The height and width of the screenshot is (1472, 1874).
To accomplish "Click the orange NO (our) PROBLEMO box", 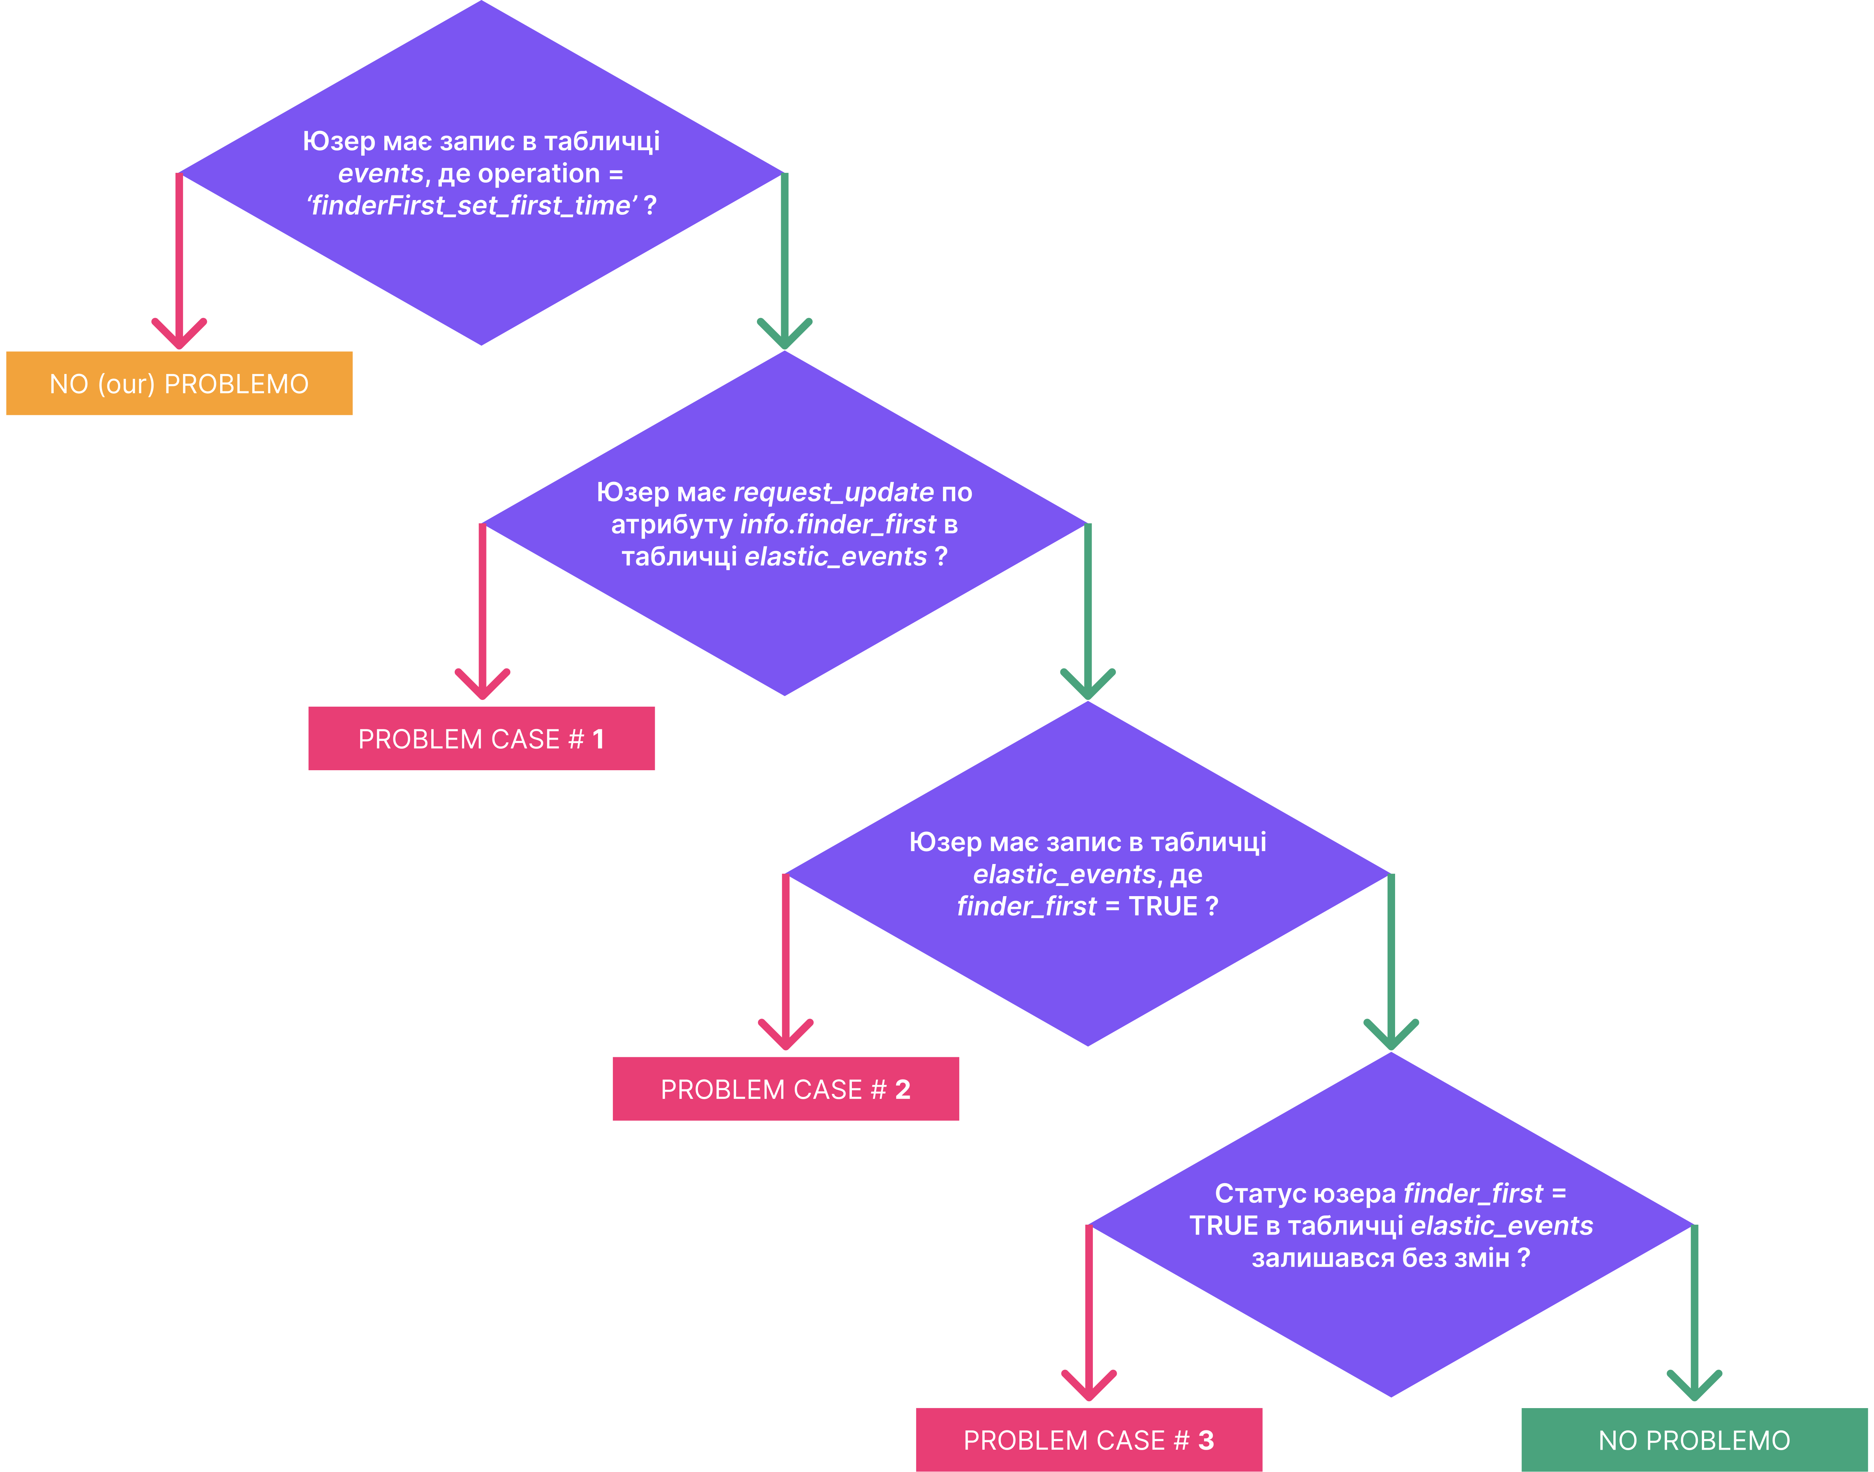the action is tap(179, 383).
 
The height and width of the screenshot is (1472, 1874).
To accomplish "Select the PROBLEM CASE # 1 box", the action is tap(482, 738).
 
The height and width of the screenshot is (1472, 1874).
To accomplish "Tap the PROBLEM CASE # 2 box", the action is tap(786, 1089).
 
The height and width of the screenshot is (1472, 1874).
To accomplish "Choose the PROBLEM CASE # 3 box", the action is tap(1089, 1440).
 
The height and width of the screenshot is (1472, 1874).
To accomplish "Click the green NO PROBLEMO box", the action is tap(1695, 1440).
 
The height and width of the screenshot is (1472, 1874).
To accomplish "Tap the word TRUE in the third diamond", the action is tap(1164, 907).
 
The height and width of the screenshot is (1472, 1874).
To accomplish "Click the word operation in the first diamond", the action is tap(539, 174).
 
